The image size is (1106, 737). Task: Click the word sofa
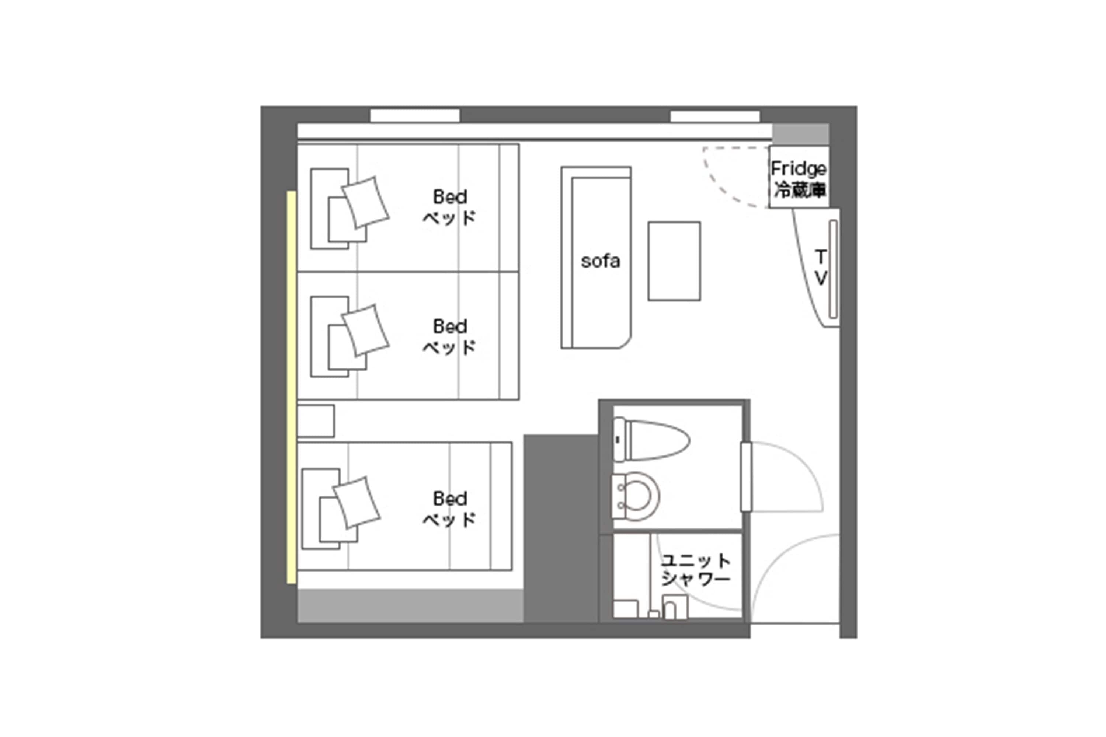[x=600, y=261]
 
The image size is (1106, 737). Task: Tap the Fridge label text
[x=799, y=168]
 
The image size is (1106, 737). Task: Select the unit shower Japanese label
[x=696, y=570]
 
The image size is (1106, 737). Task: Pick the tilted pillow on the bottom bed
[x=357, y=503]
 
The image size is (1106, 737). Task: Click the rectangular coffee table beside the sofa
[x=674, y=261]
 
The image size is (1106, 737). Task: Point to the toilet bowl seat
[x=636, y=496]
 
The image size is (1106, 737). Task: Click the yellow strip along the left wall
[x=292, y=387]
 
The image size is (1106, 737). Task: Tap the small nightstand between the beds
[x=316, y=421]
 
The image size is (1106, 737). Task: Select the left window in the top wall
[x=414, y=116]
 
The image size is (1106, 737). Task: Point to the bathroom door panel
[x=746, y=476]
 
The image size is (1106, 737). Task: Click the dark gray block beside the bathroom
[x=561, y=528]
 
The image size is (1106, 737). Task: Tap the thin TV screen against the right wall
[x=833, y=269]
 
